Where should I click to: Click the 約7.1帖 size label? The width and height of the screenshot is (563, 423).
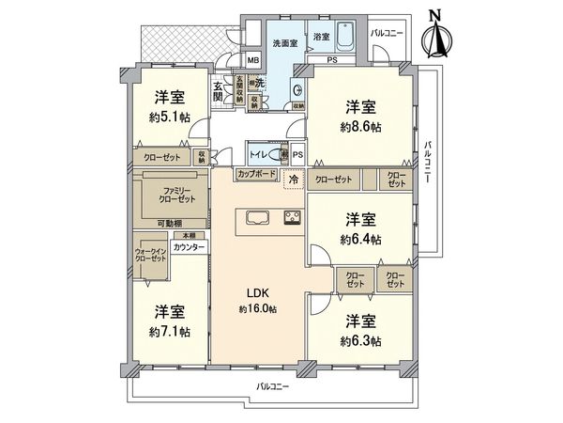coord(168,332)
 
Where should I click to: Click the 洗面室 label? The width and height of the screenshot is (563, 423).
coord(284,43)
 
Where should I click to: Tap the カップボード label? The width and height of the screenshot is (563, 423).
coord(255,175)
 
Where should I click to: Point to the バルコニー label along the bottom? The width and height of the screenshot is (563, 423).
coord(273,386)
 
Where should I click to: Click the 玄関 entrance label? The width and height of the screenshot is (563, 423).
coord(218,91)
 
